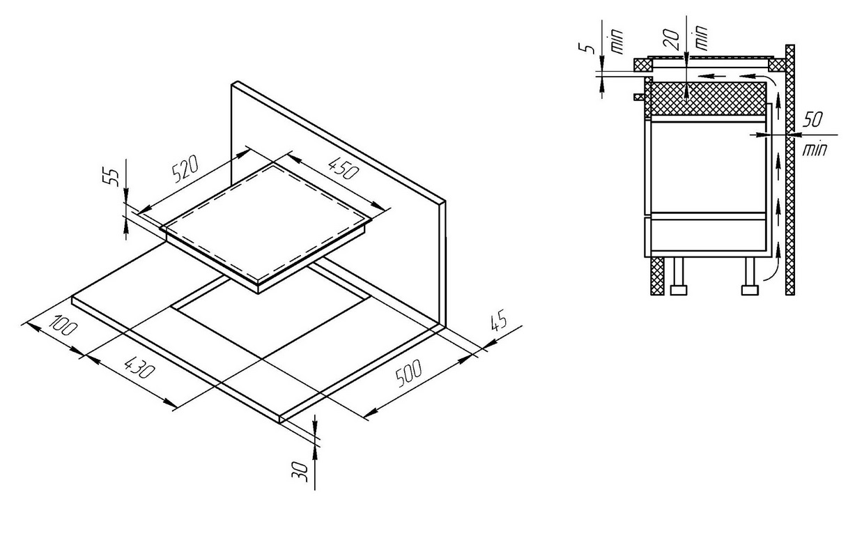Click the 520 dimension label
[x=185, y=169]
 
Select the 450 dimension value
[x=343, y=168]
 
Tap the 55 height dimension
[x=111, y=177]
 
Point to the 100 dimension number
[x=63, y=326]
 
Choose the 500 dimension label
[x=408, y=374]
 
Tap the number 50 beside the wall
[x=812, y=120]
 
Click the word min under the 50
[x=815, y=150]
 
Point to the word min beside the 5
[x=617, y=41]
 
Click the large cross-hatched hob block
[x=707, y=98]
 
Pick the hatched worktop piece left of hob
[x=643, y=65]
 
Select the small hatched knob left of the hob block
[x=638, y=97]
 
